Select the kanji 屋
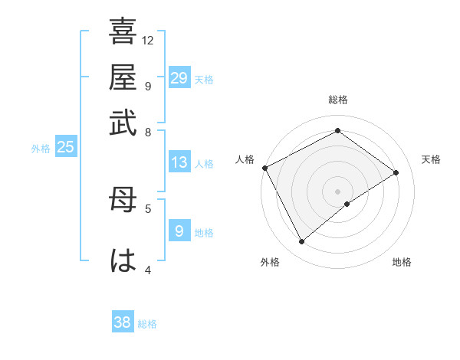pyautogui.click(x=123, y=77)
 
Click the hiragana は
pyautogui.click(x=123, y=260)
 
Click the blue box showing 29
pyautogui.click(x=179, y=77)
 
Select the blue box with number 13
pyautogui.click(x=179, y=162)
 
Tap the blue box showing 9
pyautogui.click(x=179, y=231)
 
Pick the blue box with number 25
pyautogui.click(x=65, y=147)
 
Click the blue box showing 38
pyautogui.click(x=123, y=322)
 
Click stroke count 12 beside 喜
pyautogui.click(x=148, y=40)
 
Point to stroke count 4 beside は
pyautogui.click(x=148, y=269)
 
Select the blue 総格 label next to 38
pyautogui.click(x=148, y=324)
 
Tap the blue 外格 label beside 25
pyautogui.click(x=41, y=149)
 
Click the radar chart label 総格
pyautogui.click(x=338, y=100)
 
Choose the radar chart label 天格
pyautogui.click(x=432, y=159)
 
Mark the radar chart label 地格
pyautogui.click(x=402, y=263)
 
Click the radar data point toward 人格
pyautogui.click(x=264, y=168)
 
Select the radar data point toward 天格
pyautogui.click(x=396, y=172)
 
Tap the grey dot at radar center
pyautogui.click(x=338, y=191)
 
